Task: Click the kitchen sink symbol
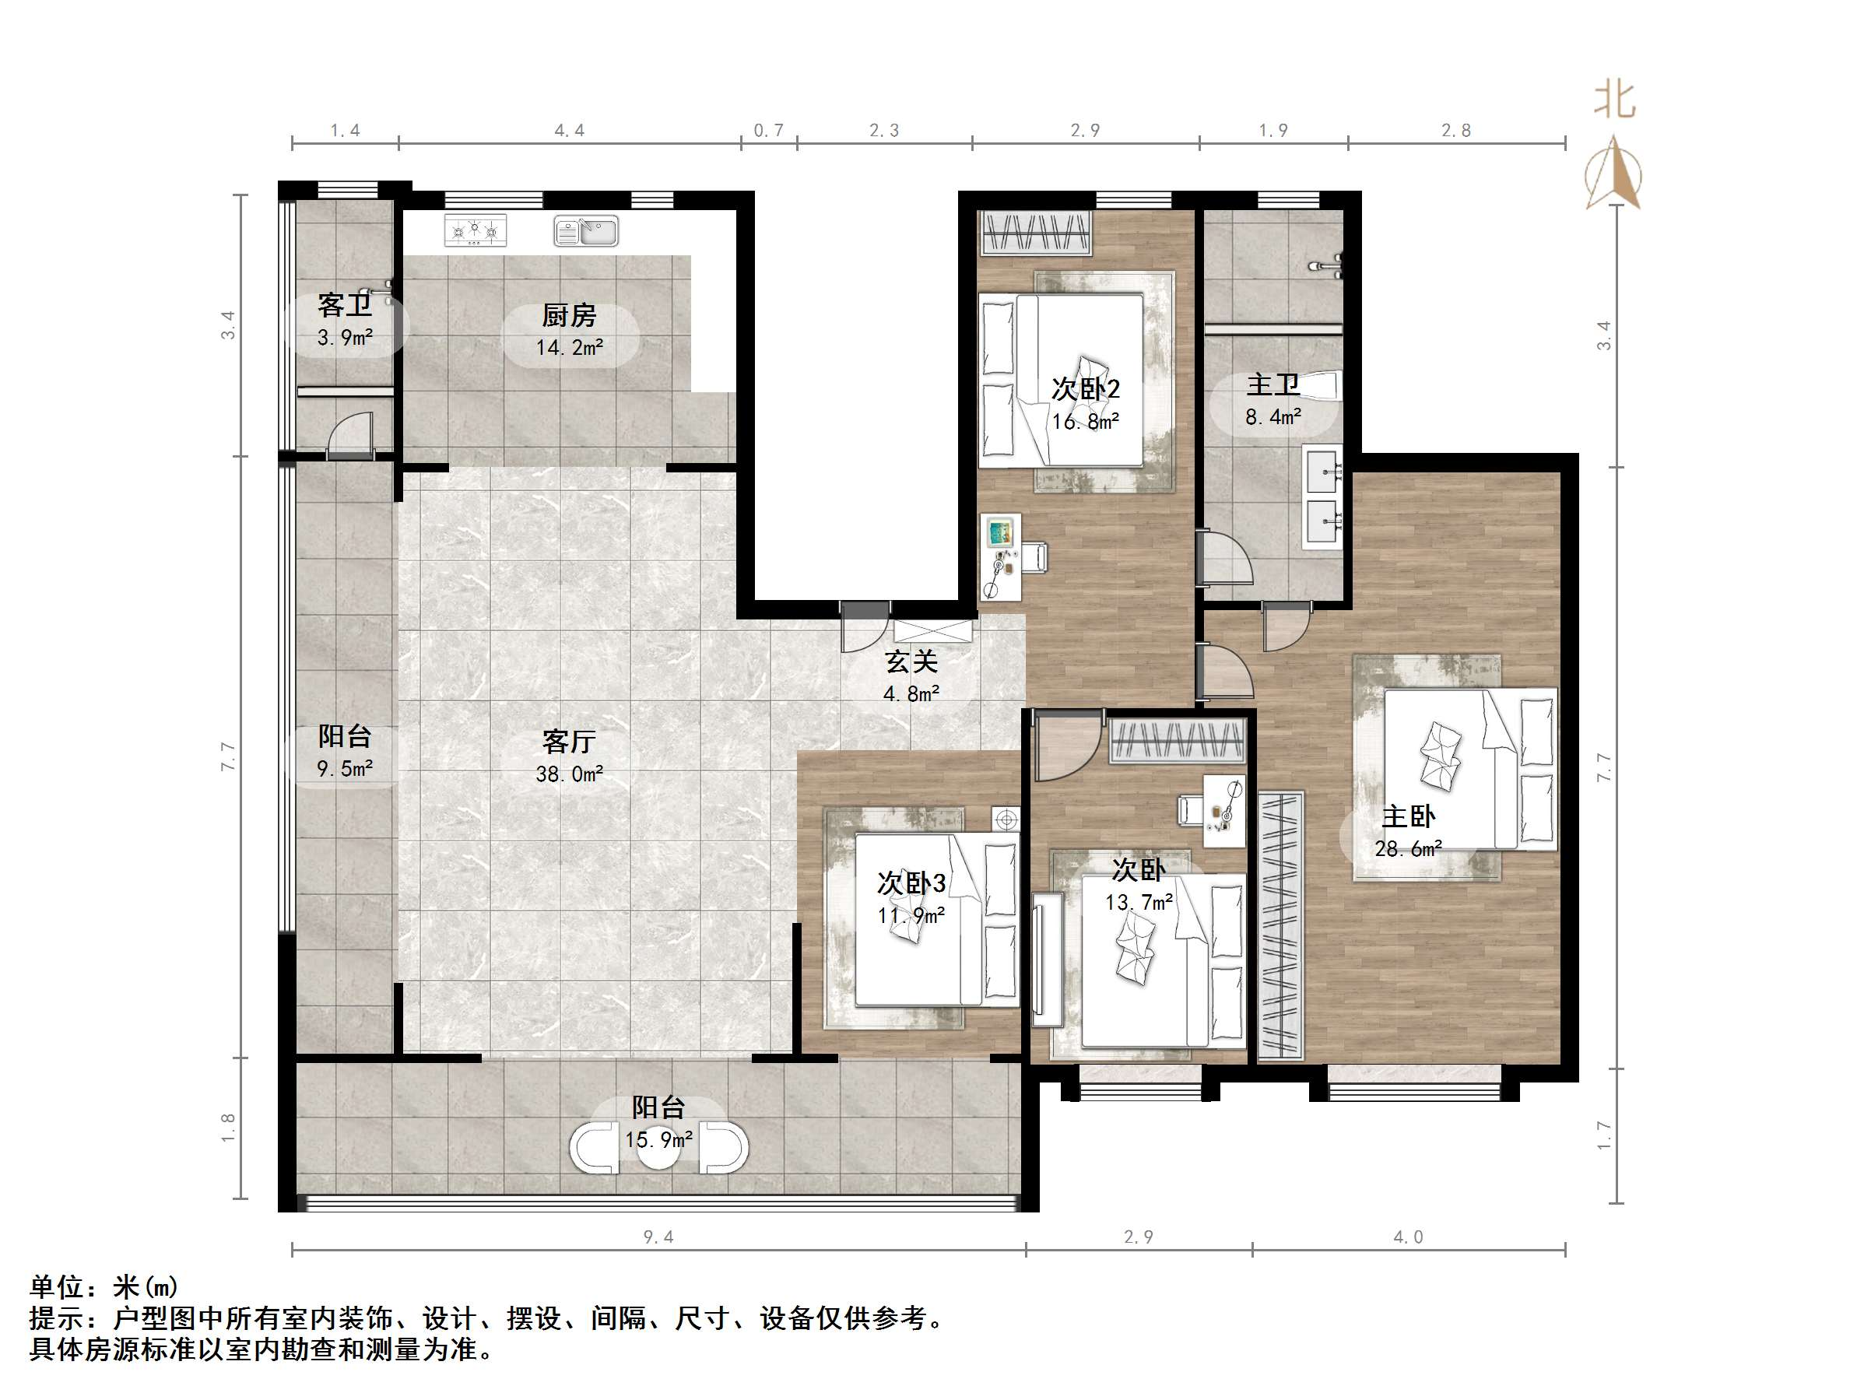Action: click(586, 231)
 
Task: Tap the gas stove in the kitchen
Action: click(476, 230)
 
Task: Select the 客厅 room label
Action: click(569, 742)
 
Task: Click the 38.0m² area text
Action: click(569, 774)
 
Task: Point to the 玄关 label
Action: click(911, 662)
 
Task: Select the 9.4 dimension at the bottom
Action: click(658, 1237)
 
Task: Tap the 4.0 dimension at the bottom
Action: click(1408, 1237)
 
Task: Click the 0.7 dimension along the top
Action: click(768, 130)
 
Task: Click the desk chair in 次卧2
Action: click(1034, 556)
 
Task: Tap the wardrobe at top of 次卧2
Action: click(1036, 233)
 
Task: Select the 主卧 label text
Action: click(1408, 816)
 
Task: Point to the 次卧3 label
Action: click(911, 882)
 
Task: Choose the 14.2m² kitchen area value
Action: click(569, 348)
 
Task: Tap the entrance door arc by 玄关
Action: click(865, 630)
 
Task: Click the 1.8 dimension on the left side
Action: click(227, 1128)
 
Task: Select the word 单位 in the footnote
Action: click(57, 1287)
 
